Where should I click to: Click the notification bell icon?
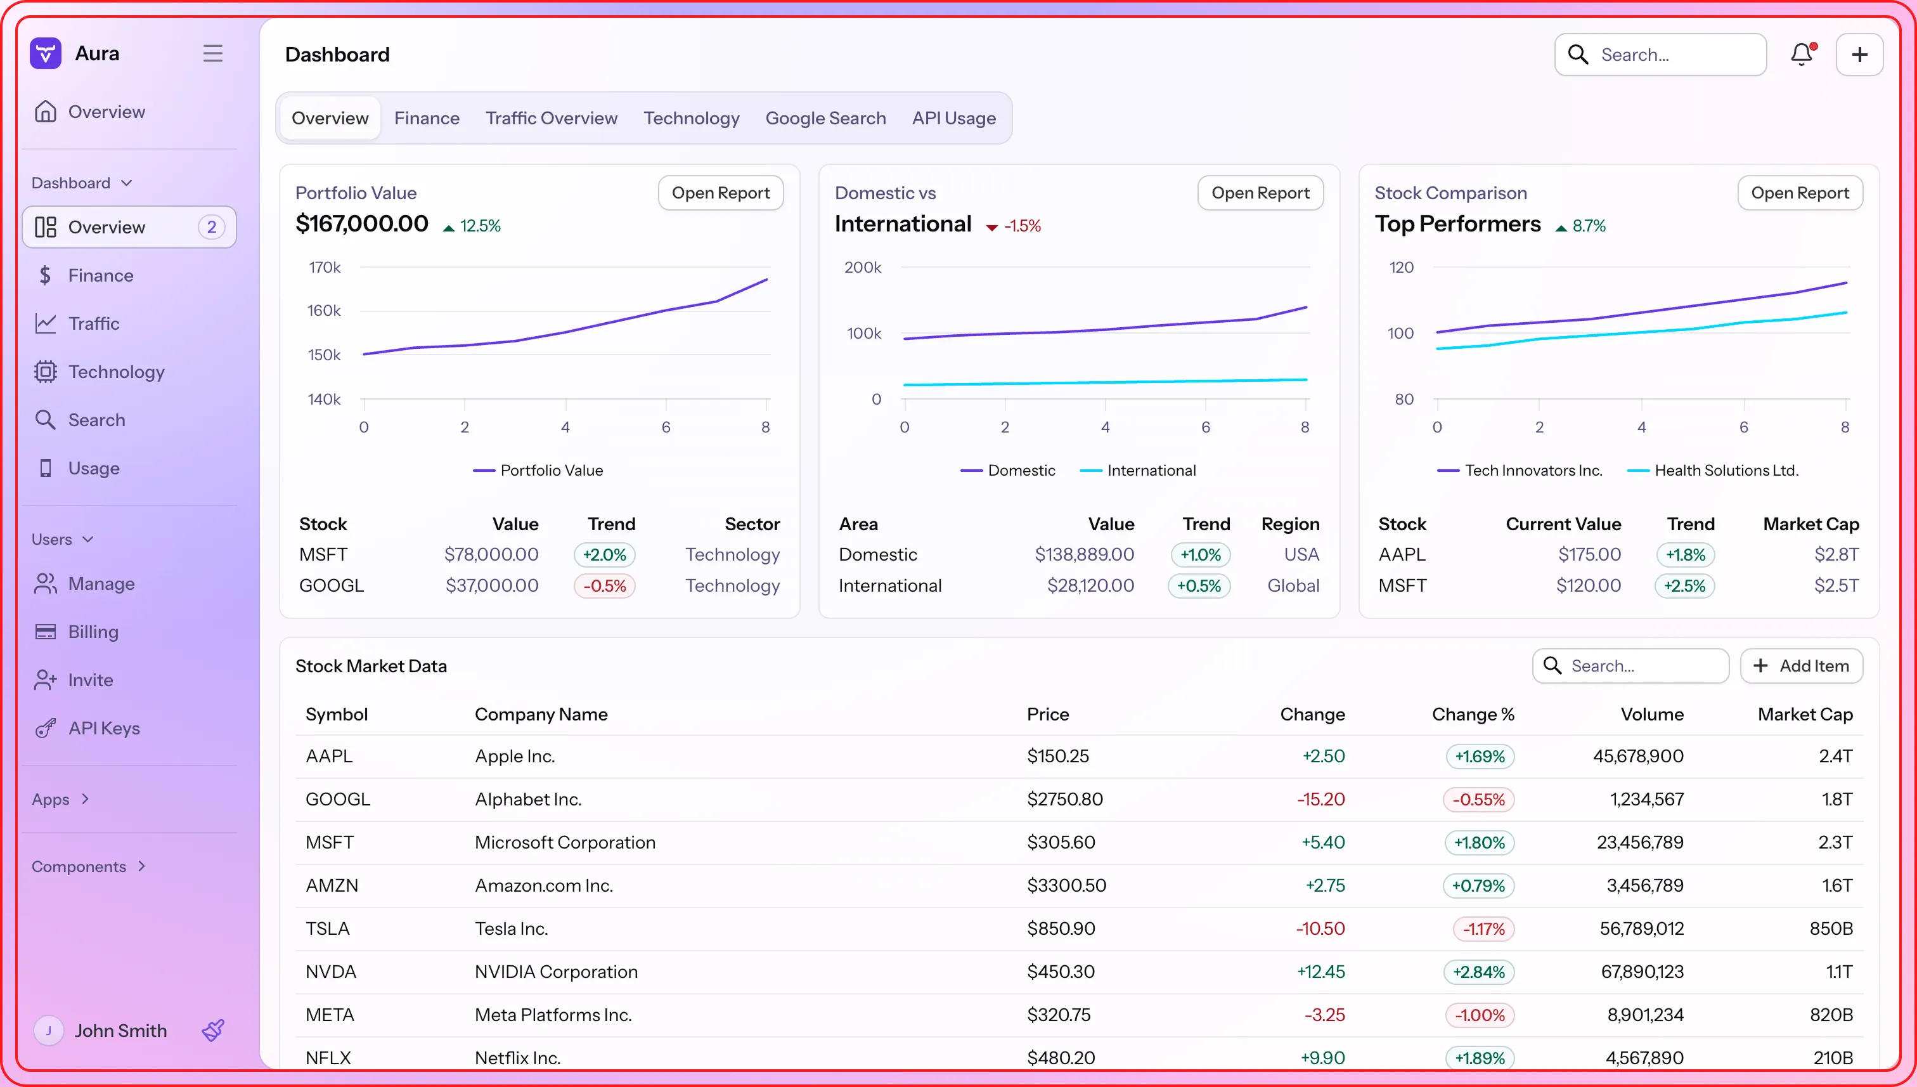[x=1802, y=55]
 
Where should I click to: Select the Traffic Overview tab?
[x=551, y=118]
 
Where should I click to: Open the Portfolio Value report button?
[x=720, y=193]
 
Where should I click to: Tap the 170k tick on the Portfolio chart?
[x=325, y=267]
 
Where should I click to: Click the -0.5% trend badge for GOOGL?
[x=604, y=586]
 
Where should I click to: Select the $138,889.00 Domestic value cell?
[x=1083, y=555]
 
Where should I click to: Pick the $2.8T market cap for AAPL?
[x=1836, y=555]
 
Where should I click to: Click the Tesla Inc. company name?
[x=511, y=928]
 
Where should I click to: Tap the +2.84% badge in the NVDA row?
[x=1478, y=972]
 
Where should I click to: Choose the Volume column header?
[x=1651, y=715]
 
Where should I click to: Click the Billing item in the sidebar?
[x=93, y=632]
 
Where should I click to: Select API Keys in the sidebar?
[x=104, y=728]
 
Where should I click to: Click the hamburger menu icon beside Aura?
[x=212, y=54]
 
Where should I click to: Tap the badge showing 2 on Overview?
[x=211, y=227]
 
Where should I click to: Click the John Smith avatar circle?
[x=49, y=1031]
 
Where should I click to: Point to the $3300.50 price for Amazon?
[x=1066, y=885]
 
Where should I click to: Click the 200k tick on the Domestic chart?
[x=863, y=267]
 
